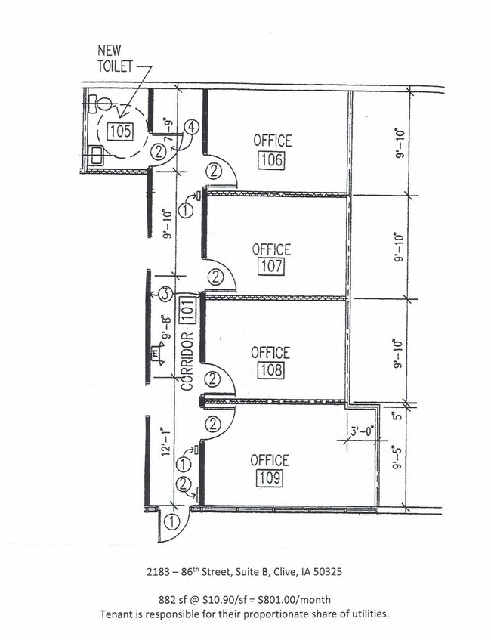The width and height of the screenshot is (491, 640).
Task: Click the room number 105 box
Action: pyautogui.click(x=120, y=131)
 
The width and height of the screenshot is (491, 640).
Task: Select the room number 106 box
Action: pyautogui.click(x=271, y=159)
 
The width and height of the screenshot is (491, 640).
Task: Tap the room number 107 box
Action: pyautogui.click(x=271, y=267)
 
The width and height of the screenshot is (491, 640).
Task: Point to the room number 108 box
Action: pyautogui.click(x=271, y=369)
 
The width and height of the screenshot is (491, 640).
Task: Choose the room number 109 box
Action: pyautogui.click(x=270, y=478)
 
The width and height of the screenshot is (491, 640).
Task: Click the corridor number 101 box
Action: pyautogui.click(x=190, y=309)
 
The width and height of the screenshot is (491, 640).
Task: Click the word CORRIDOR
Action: pyautogui.click(x=187, y=361)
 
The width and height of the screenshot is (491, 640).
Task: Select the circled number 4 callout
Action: pyautogui.click(x=190, y=128)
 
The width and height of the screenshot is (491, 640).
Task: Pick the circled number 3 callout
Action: pyautogui.click(x=164, y=294)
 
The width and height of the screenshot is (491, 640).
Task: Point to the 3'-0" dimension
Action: pyautogui.click(x=362, y=431)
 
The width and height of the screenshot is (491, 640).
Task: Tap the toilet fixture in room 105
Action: pyautogui.click(x=100, y=103)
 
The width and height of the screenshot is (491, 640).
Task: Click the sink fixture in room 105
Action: pyautogui.click(x=97, y=156)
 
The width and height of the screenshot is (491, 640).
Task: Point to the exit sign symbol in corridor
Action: pyautogui.click(x=156, y=354)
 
